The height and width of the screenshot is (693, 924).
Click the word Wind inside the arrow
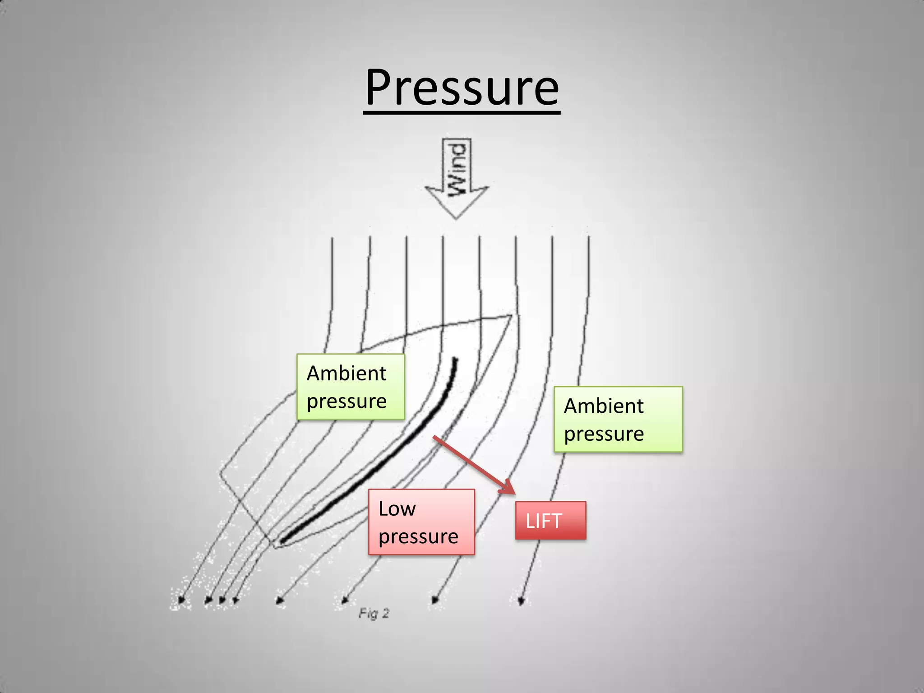tap(457, 169)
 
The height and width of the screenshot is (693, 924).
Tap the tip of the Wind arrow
tap(456, 218)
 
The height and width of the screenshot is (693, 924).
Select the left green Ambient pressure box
tap(351, 387)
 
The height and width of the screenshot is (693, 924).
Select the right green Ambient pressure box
tap(618, 419)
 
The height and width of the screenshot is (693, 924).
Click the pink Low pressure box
tap(421, 522)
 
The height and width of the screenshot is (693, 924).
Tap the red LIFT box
tap(550, 520)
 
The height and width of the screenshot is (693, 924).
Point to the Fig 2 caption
tap(374, 613)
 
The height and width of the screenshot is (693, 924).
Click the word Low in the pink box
tap(397, 508)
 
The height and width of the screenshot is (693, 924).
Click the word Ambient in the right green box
tap(603, 406)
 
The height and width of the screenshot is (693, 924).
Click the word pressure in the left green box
tap(346, 401)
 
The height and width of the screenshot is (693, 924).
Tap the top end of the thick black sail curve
tap(455, 360)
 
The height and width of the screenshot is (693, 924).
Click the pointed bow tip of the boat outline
tap(511, 315)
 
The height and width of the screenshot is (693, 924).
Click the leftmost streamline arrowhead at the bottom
tap(181, 601)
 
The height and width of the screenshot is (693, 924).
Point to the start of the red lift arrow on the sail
tap(434, 437)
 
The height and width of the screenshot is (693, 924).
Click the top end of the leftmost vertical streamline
tap(333, 238)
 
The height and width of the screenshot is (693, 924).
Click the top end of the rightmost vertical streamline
tap(589, 236)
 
